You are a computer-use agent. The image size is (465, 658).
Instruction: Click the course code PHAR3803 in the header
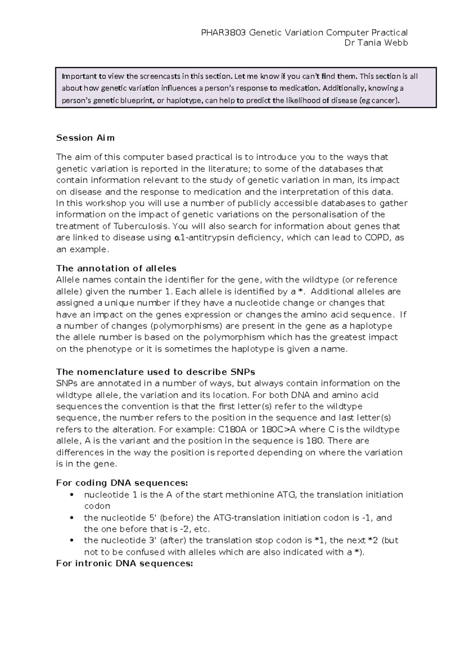pos(223,33)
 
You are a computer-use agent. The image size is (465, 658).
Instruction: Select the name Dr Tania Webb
pos(376,43)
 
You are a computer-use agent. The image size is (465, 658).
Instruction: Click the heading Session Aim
pos(85,138)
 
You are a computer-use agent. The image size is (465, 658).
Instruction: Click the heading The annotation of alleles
pos(116,268)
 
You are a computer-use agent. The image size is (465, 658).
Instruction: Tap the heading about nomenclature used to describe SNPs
pos(155,372)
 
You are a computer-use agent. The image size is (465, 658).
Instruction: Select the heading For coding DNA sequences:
pos(122,483)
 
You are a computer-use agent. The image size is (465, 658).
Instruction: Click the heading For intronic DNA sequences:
pos(124,564)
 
